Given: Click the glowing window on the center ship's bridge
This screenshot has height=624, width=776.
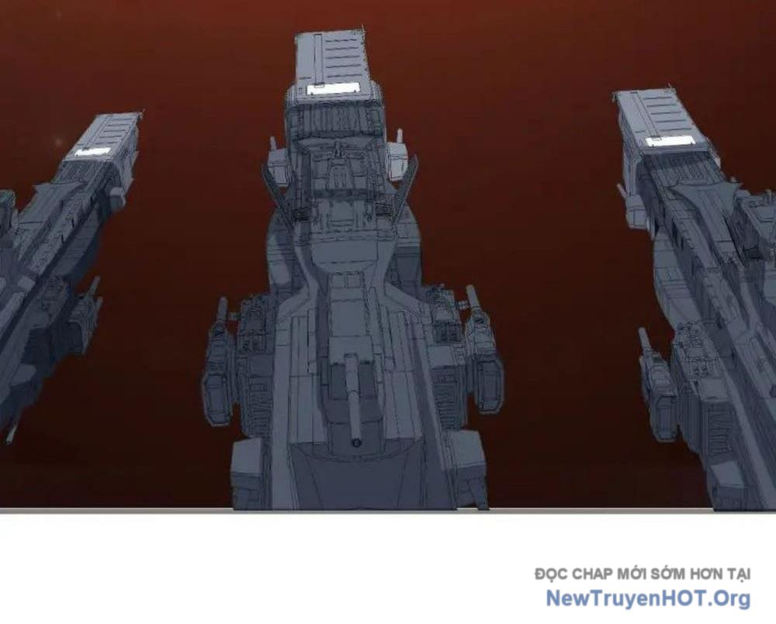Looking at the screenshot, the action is pyautogui.click(x=333, y=88).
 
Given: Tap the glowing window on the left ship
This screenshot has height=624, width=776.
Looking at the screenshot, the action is pyautogui.click(x=92, y=152).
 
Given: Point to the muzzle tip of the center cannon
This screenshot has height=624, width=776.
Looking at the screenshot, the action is pyautogui.click(x=355, y=442).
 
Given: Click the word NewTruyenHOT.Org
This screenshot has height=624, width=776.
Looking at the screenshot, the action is pyautogui.click(x=648, y=598).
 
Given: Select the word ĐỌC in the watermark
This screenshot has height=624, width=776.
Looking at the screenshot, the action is pyautogui.click(x=551, y=574).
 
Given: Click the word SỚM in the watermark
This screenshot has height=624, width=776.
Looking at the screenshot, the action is pyautogui.click(x=668, y=574).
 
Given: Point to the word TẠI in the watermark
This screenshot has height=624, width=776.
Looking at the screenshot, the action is pyautogui.click(x=739, y=574).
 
